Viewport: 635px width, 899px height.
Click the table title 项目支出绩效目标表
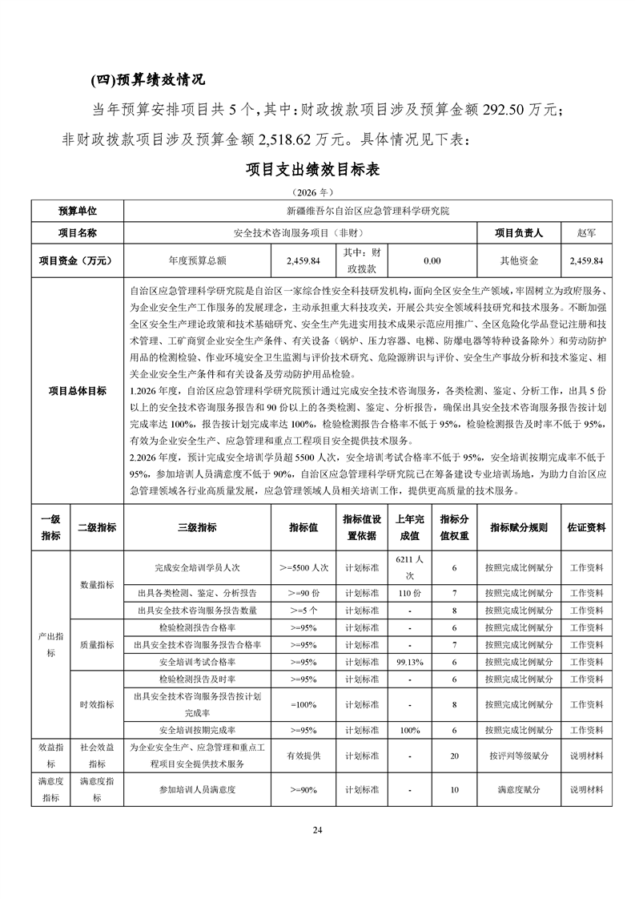point(317,170)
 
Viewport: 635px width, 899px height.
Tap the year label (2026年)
point(317,192)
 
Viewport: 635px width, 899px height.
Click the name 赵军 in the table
point(586,232)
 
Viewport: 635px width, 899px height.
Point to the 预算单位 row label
point(77,211)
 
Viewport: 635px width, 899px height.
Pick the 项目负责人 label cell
point(519,232)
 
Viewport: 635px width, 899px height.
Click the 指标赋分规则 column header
point(519,527)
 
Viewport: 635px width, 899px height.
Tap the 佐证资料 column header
point(586,527)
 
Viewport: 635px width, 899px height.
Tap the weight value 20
point(455,756)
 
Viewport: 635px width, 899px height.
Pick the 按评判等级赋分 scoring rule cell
point(519,756)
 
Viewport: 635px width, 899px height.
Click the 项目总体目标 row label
point(77,390)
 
